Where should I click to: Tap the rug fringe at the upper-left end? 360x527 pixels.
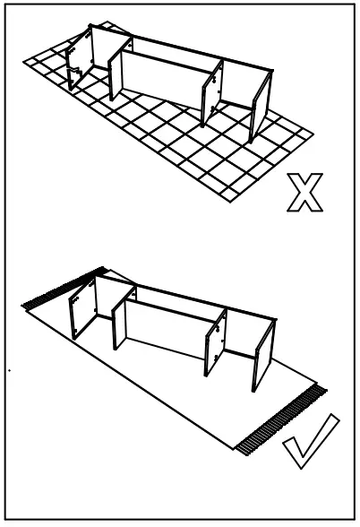point(62,289)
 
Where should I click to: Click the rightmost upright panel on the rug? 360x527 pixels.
point(261,354)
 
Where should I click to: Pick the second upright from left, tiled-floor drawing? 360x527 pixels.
point(116,71)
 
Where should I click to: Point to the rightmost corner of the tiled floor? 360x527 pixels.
point(313,134)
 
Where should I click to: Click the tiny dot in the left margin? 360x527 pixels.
point(8,369)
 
